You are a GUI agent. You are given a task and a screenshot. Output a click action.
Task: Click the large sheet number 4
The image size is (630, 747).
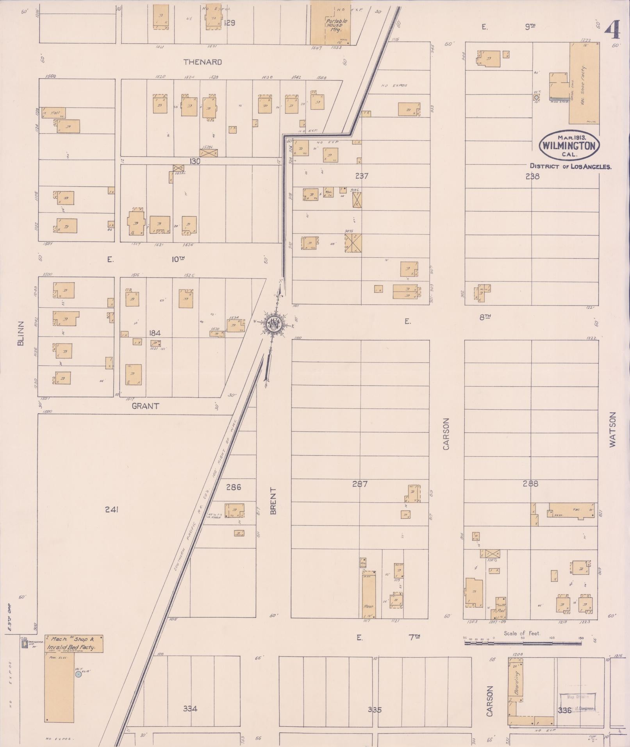coord(612,30)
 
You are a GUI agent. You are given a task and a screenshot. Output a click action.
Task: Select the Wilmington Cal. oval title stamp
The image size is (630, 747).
coord(569,146)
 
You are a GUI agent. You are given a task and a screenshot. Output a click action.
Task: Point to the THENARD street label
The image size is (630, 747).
coord(203,62)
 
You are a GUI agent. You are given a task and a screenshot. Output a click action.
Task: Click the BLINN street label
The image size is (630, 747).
coord(21,333)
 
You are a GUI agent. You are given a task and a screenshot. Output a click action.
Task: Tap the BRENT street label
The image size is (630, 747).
coord(273,501)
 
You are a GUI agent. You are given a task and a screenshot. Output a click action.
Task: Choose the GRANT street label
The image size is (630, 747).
coord(145,406)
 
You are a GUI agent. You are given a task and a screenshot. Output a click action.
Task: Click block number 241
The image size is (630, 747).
coord(112,510)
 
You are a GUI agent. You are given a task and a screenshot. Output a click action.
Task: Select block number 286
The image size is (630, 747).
coord(234,487)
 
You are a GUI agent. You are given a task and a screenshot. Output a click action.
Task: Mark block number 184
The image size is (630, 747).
coord(155,333)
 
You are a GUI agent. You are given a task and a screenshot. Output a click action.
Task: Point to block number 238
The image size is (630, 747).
coord(532,176)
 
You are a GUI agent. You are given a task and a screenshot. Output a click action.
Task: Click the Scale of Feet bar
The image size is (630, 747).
coord(523,642)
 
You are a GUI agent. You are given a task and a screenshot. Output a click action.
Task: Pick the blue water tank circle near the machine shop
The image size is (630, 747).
coord(79,674)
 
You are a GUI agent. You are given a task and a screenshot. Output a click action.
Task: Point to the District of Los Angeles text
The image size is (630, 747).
coord(570,166)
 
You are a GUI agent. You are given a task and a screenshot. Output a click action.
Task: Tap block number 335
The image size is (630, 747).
coord(374,710)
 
